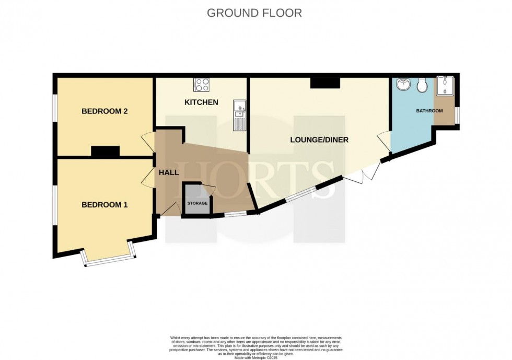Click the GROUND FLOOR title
(x=254, y=13)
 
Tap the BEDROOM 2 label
(x=104, y=111)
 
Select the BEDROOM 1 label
(x=104, y=205)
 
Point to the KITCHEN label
(x=201, y=102)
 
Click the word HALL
(x=169, y=172)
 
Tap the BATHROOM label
(x=429, y=111)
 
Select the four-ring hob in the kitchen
(x=201, y=85)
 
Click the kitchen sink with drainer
(x=240, y=114)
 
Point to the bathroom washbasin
(x=403, y=85)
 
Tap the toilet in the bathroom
(x=423, y=85)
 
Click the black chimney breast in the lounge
(x=325, y=83)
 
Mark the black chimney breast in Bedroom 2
(x=105, y=152)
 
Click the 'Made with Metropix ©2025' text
(x=255, y=357)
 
